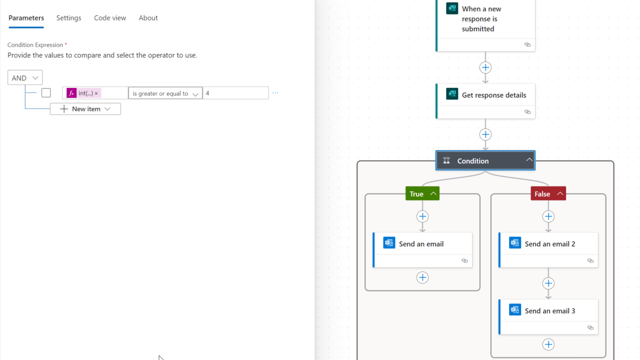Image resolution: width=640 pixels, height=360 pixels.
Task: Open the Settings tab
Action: (x=68, y=18)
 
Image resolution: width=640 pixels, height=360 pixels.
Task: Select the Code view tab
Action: (x=110, y=18)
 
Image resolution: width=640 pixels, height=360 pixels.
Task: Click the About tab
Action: (x=148, y=18)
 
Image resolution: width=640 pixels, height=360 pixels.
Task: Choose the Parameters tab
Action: (x=26, y=18)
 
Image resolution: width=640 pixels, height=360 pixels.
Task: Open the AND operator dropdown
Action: (x=25, y=77)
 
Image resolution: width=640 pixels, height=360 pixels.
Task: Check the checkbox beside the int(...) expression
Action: (x=46, y=92)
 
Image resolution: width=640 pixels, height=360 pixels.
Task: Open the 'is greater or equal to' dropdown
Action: (x=165, y=93)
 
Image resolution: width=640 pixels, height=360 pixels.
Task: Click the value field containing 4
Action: (x=235, y=93)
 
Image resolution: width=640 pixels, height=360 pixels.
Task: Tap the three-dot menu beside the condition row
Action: (x=275, y=93)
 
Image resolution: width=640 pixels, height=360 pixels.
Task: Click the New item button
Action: (x=85, y=109)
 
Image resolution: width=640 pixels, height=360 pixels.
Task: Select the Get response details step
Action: (x=493, y=95)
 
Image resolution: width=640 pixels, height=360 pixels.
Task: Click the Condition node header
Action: (x=472, y=160)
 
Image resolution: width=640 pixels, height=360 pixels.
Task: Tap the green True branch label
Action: (x=416, y=193)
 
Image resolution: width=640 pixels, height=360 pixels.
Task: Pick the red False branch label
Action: (x=542, y=193)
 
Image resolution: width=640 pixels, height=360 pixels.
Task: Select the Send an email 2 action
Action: (x=549, y=244)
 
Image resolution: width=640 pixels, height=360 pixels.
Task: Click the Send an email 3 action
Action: (x=549, y=311)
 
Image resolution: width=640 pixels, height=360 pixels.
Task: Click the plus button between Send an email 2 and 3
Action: (x=548, y=283)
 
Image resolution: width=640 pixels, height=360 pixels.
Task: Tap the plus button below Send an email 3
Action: (x=548, y=344)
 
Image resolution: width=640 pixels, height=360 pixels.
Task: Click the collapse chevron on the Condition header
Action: (x=529, y=160)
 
